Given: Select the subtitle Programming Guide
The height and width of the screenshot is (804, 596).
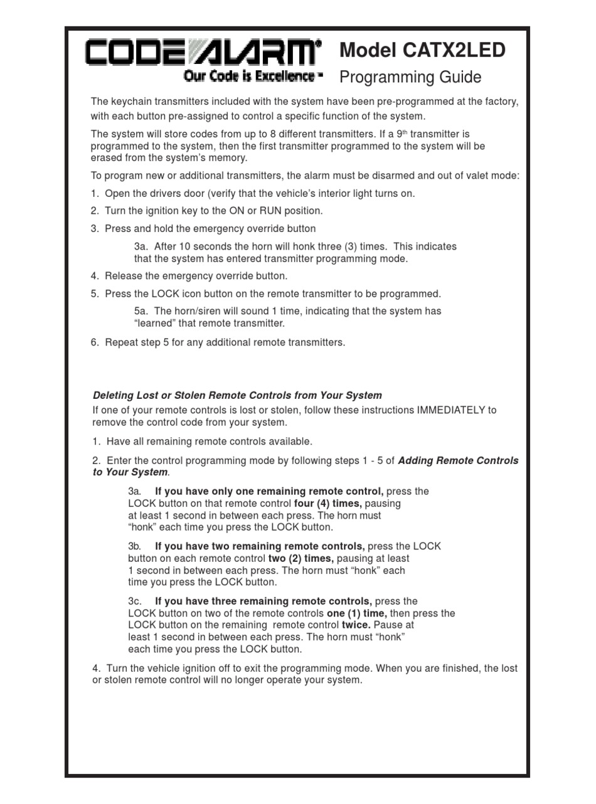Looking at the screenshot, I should [x=410, y=77].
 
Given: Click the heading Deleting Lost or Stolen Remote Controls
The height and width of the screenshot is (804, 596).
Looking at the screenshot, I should [x=237, y=395].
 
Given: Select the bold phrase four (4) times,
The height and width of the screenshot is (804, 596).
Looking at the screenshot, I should [x=327, y=504].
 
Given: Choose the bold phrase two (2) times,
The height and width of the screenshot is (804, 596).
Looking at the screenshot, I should [x=301, y=558].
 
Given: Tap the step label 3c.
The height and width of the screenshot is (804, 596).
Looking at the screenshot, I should [x=135, y=601].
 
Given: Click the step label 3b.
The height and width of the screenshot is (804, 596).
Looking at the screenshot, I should [x=135, y=546].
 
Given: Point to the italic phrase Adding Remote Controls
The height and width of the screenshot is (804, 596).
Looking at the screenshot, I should [x=458, y=460].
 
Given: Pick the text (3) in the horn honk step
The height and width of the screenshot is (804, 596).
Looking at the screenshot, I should [x=355, y=246].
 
